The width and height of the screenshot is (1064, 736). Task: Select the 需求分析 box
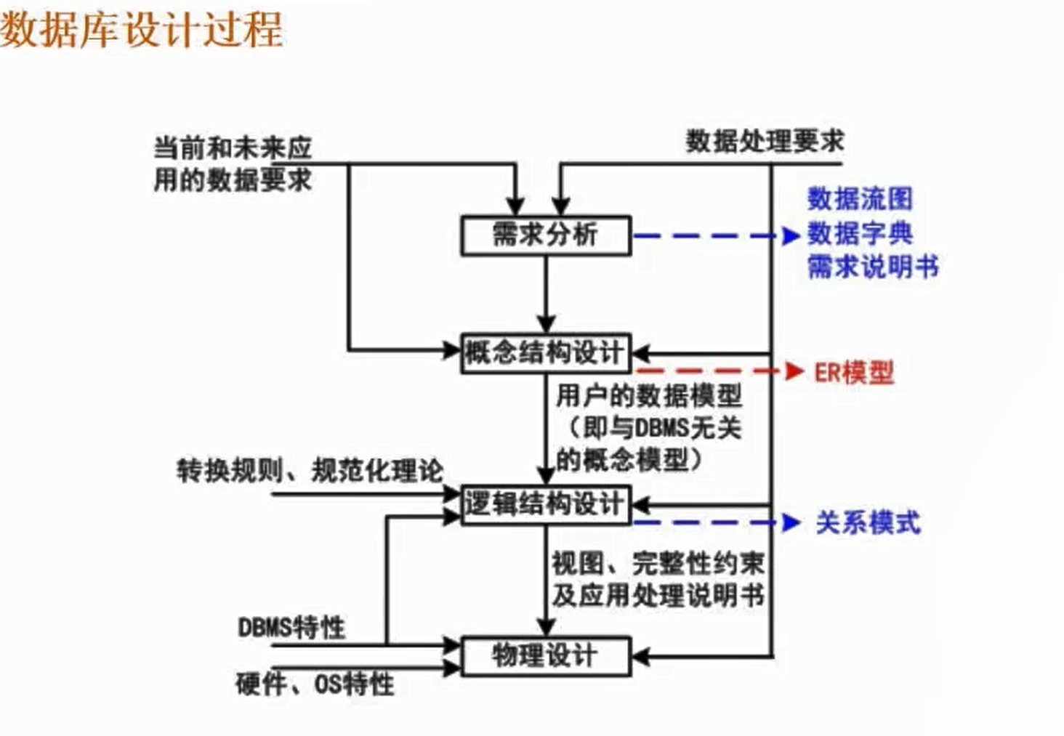(x=545, y=235)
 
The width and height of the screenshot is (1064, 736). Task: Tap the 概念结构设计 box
(x=545, y=353)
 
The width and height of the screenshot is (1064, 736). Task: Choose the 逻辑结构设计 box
(x=545, y=504)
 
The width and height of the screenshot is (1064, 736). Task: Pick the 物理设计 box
(x=545, y=656)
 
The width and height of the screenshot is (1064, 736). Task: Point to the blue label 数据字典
(x=860, y=234)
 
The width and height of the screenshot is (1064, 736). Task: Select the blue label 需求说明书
(x=873, y=267)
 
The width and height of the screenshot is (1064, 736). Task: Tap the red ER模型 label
(x=854, y=373)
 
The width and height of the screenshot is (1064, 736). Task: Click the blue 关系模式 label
(x=868, y=523)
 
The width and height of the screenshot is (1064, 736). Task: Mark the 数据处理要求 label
(x=765, y=141)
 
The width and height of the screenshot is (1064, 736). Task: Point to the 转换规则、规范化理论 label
(x=310, y=471)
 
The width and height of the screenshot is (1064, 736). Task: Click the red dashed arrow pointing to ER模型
(x=716, y=371)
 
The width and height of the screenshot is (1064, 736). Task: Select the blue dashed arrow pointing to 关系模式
(x=716, y=522)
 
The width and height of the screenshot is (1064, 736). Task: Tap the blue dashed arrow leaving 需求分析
(x=716, y=235)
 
